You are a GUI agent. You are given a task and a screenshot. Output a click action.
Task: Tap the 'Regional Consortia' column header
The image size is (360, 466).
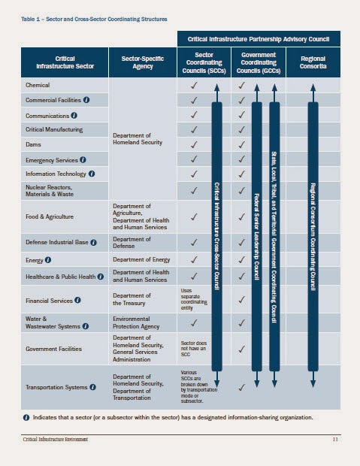tap(312, 64)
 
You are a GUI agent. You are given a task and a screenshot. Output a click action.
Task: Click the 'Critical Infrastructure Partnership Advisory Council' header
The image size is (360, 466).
tap(259, 38)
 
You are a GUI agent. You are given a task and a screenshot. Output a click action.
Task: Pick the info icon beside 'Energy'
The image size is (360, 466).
tap(48, 260)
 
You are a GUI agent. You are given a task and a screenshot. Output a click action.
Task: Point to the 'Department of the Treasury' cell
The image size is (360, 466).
tap(132, 298)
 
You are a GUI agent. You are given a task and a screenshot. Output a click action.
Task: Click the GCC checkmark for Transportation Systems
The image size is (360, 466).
tap(241, 387)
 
